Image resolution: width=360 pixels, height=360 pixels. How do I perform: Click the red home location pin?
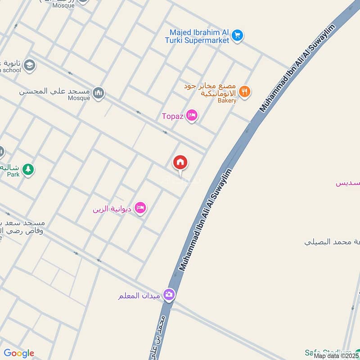pyautogui.click(x=180, y=162)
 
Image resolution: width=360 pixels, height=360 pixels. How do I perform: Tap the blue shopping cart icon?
pyautogui.click(x=238, y=35)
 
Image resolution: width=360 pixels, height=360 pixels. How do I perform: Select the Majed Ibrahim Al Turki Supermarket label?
pyautogui.click(x=199, y=36)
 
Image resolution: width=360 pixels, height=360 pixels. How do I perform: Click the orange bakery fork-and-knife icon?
pyautogui.click(x=244, y=91)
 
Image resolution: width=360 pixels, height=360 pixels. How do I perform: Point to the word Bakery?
pyautogui.click(x=227, y=101)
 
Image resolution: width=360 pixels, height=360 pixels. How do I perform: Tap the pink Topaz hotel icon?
pyautogui.click(x=192, y=116)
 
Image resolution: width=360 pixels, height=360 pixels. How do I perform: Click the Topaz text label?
pyautogui.click(x=173, y=116)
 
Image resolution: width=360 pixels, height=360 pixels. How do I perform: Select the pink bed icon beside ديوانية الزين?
pyautogui.click(x=141, y=207)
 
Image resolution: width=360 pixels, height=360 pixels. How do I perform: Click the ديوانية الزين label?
pyautogui.click(x=112, y=209)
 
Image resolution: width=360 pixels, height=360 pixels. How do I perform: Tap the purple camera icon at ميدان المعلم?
pyautogui.click(x=169, y=295)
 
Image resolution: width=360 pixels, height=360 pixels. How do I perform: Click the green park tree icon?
pyautogui.click(x=28, y=169)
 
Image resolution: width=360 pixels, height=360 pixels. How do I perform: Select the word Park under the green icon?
pyautogui.click(x=13, y=174)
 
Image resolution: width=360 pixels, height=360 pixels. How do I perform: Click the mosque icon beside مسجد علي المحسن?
pyautogui.click(x=98, y=93)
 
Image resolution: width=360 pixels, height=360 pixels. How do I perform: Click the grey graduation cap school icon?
pyautogui.click(x=30, y=65)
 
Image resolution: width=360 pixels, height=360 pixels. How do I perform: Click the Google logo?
pyautogui.click(x=19, y=353)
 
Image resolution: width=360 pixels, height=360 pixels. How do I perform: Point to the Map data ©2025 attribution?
pyautogui.click(x=336, y=356)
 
